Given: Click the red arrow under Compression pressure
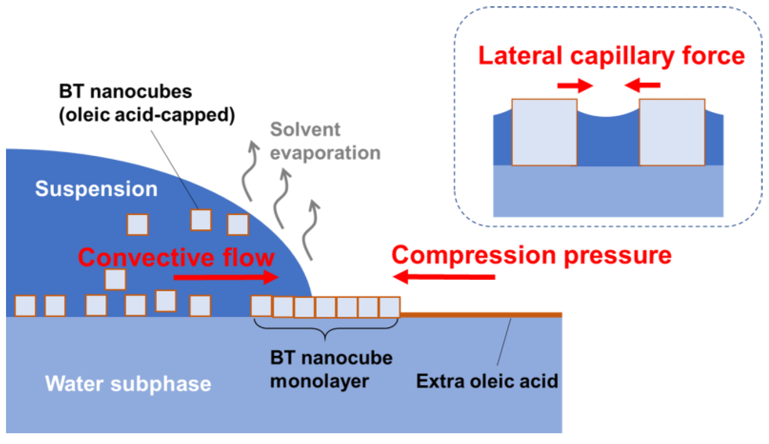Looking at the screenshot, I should pos(444,277).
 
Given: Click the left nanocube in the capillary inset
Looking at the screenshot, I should pos(544,132).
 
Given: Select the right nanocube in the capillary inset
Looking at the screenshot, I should pos(672,132).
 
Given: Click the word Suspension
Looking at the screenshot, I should pos(96,189).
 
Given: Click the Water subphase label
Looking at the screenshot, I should pos(128,384).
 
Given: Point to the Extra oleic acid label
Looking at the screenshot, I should pos(487,381).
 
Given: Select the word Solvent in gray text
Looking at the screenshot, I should pos(305,129).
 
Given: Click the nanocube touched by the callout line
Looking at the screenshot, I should pos(201,220).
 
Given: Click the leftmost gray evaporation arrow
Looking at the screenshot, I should pos(250,171).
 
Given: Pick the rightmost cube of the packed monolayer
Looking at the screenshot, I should pos(390,307).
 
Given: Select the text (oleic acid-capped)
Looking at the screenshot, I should pos(147,115).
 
